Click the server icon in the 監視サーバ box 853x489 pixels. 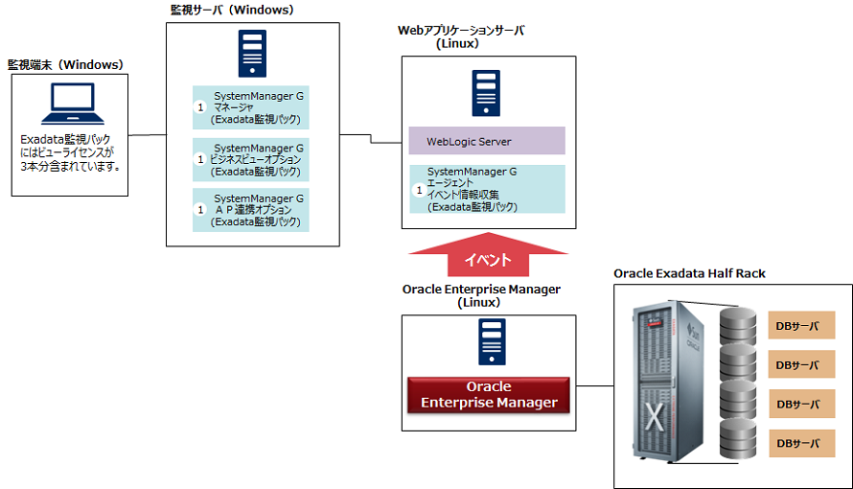point(253,54)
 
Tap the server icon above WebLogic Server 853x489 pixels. point(487,93)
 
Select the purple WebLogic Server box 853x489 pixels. point(487,141)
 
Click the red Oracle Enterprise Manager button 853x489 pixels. point(489,394)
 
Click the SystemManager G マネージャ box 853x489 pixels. point(252,107)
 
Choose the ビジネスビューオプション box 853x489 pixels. point(252,159)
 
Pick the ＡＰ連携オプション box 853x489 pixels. point(252,210)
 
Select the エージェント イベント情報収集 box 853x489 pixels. point(487,189)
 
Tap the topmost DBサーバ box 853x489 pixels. point(801,326)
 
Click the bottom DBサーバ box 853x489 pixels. point(801,443)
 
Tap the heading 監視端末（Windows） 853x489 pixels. point(65,65)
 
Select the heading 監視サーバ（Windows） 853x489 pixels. point(230,11)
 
